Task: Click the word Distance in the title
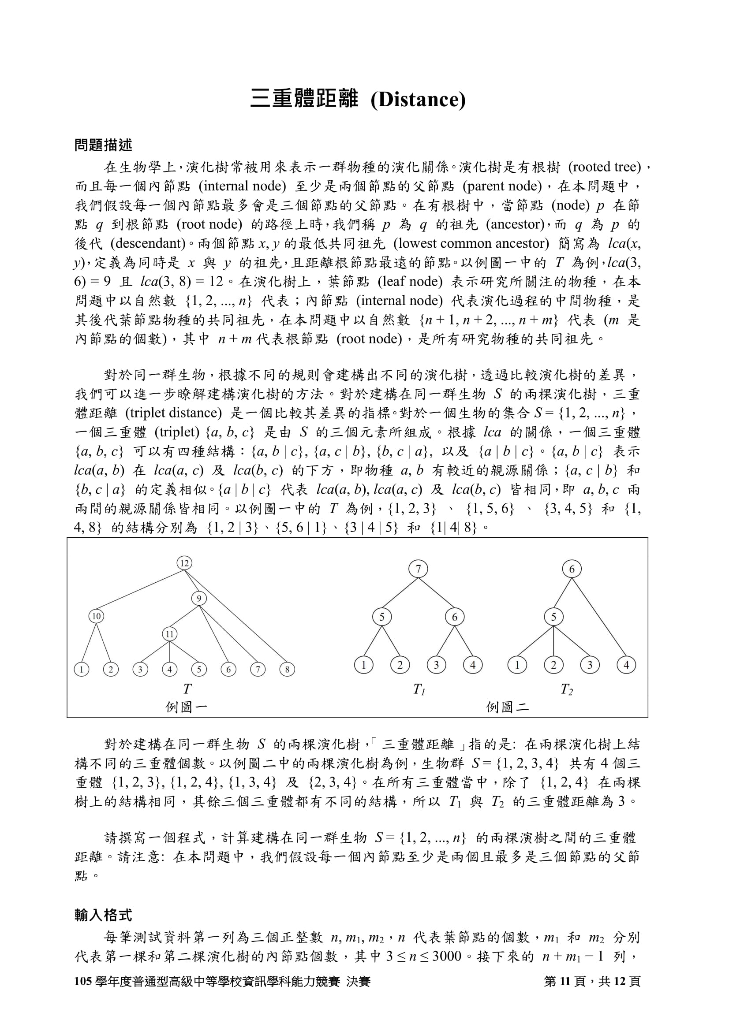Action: [418, 100]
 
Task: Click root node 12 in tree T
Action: [184, 563]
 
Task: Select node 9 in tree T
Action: [199, 598]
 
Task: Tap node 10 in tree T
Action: [96, 616]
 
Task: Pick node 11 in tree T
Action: [169, 634]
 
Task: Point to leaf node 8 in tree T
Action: [287, 670]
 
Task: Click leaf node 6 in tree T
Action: [228, 670]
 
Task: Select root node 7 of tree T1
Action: [418, 569]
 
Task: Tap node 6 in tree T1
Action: [455, 617]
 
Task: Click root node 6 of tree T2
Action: [572, 569]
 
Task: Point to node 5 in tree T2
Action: [553, 617]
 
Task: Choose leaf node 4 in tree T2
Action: [626, 665]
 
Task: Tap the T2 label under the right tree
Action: [566, 689]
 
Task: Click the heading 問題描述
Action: [103, 145]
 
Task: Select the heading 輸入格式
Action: [103, 915]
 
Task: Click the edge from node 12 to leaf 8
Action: [236, 617]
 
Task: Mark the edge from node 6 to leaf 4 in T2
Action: [599, 617]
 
